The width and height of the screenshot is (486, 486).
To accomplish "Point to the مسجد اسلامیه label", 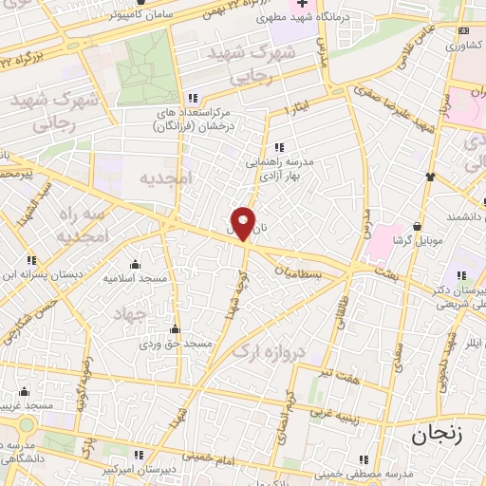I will tap(138, 278).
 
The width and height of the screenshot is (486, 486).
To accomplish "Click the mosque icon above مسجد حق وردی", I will tap(173, 329).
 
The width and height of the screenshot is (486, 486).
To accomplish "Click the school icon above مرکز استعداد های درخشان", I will tap(193, 99).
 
